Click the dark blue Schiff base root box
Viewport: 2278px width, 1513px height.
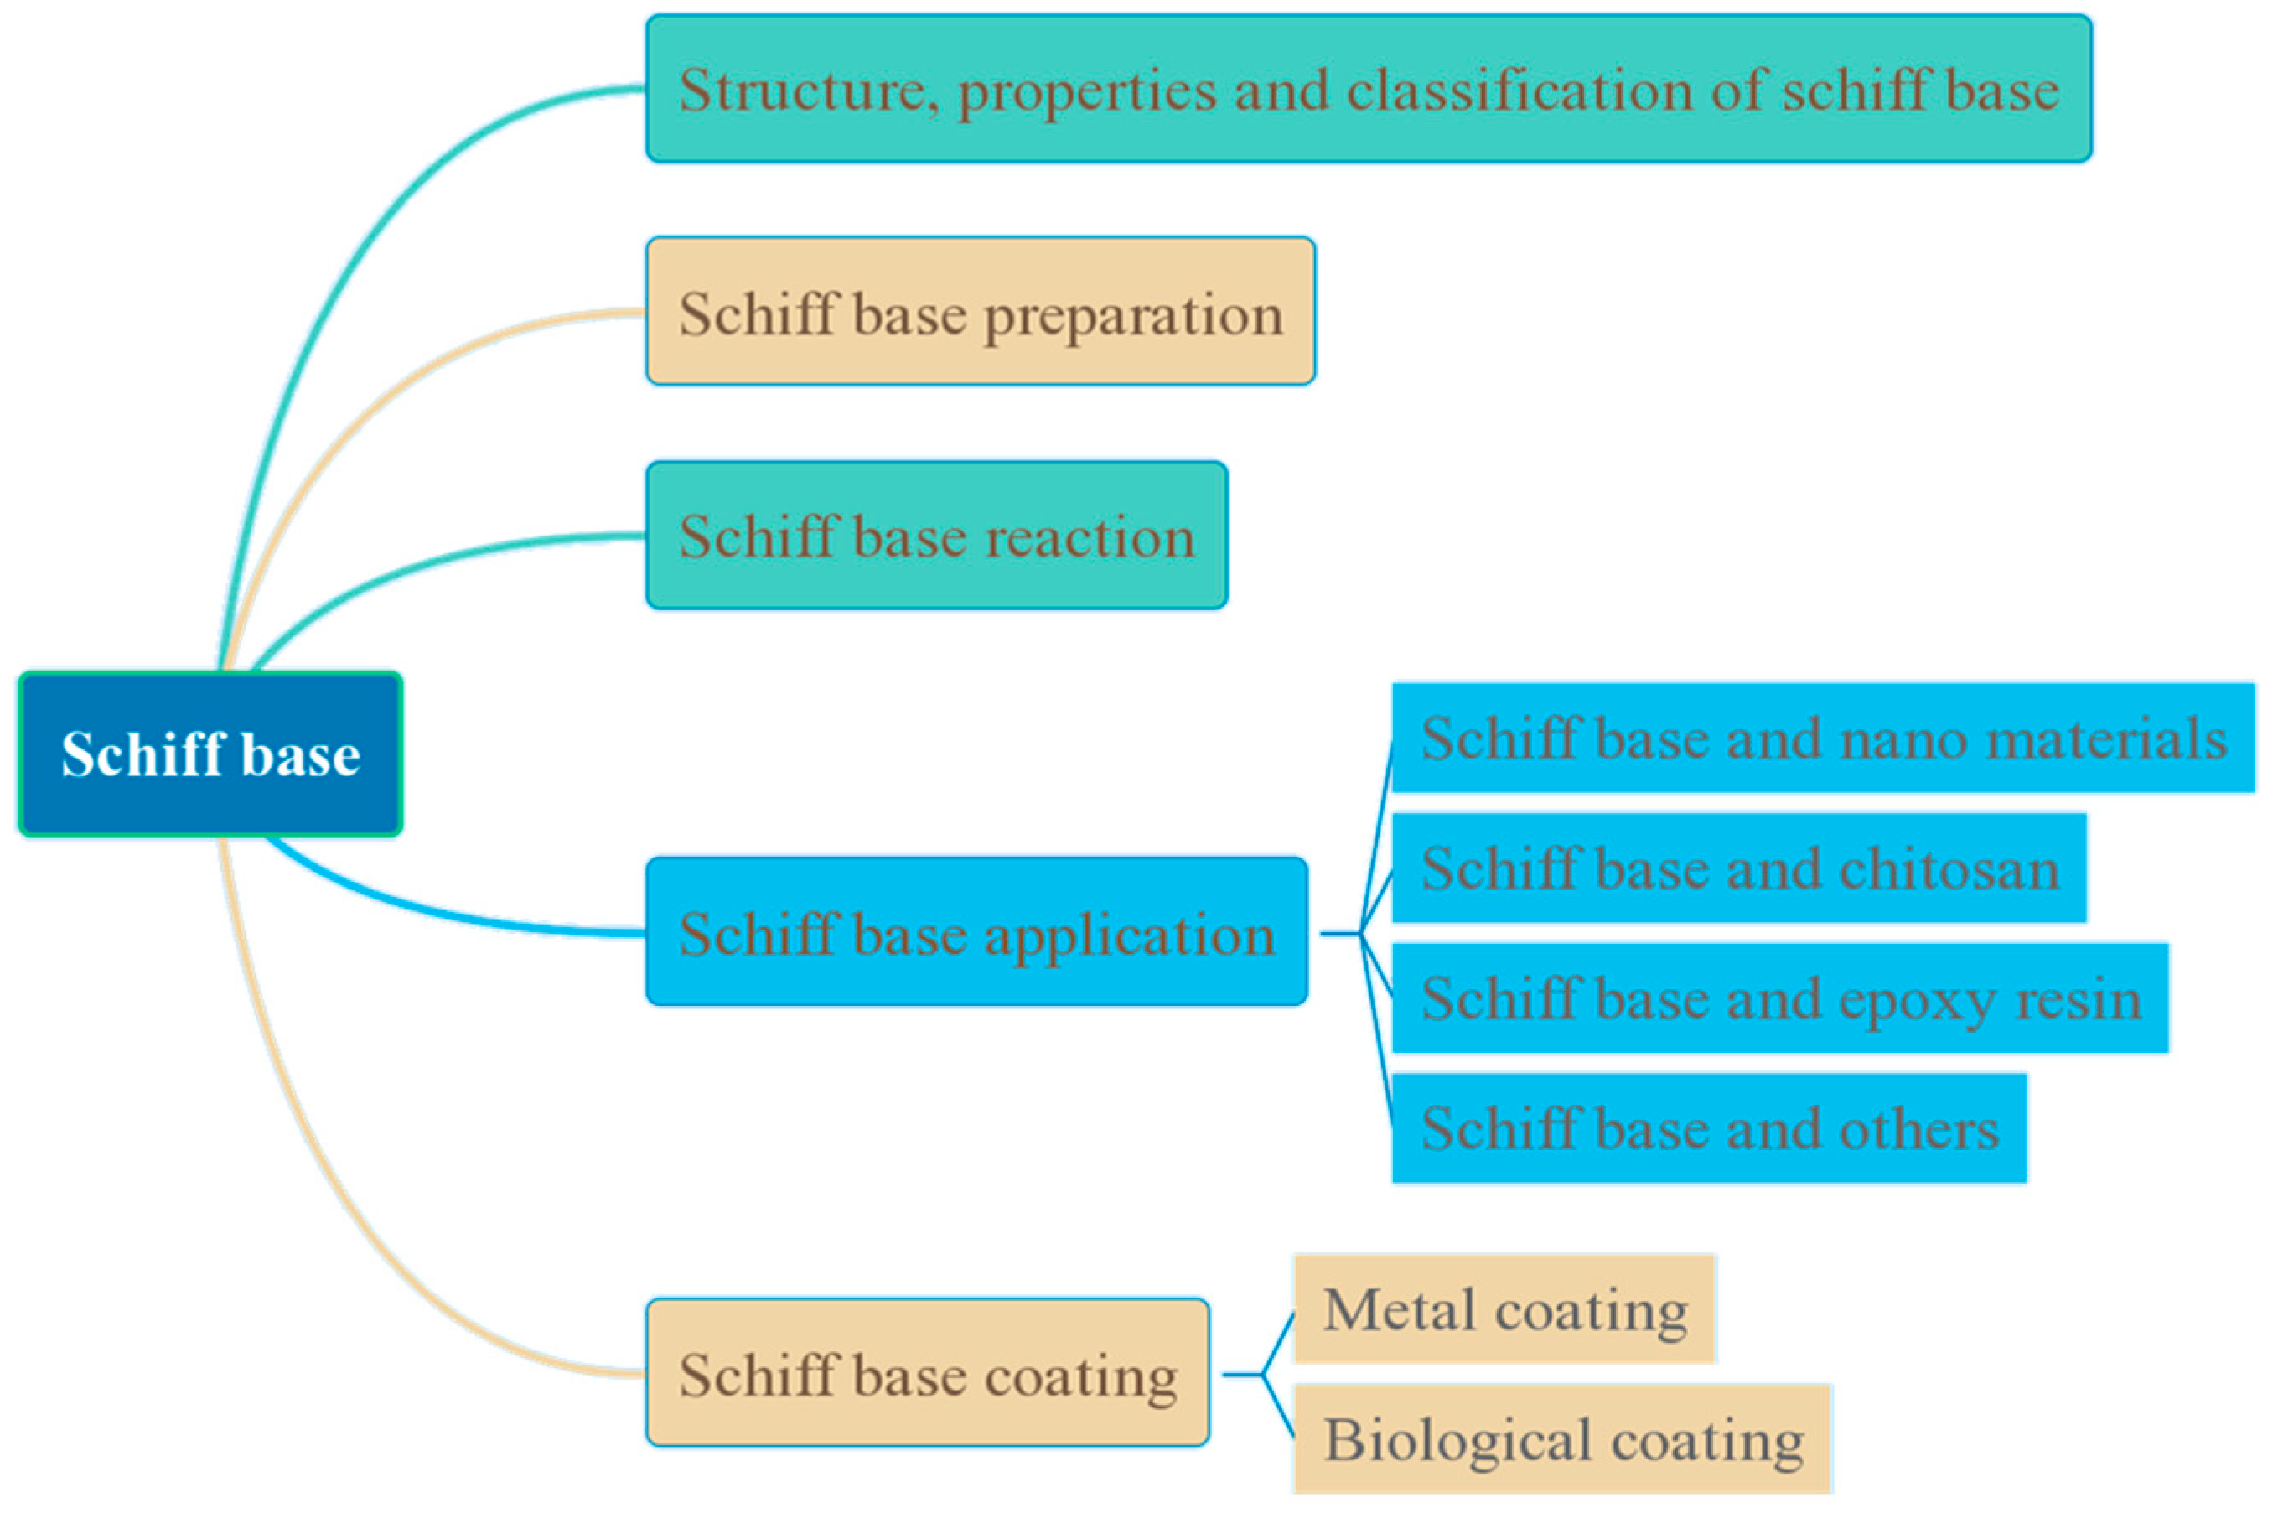tap(210, 754)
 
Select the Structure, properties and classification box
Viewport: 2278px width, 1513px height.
tap(1368, 89)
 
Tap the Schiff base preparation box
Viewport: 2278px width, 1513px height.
tap(981, 312)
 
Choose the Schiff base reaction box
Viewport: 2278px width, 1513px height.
tap(936, 536)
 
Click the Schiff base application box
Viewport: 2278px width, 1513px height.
tap(976, 933)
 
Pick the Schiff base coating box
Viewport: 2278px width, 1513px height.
tap(927, 1373)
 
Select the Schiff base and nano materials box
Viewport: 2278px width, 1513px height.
tap(1823, 738)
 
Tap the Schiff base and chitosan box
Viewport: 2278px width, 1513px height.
tap(1738, 868)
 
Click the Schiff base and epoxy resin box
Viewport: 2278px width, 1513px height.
tap(1780, 998)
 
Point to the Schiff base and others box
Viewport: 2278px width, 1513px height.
tap(1709, 1128)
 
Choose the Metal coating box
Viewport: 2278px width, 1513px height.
tap(1504, 1309)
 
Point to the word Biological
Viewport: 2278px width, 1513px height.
tap(1457, 1440)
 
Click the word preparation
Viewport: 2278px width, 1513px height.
tap(1133, 315)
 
